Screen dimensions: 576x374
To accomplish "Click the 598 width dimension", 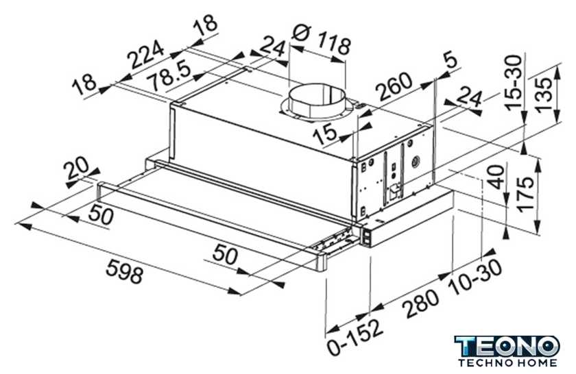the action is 124,271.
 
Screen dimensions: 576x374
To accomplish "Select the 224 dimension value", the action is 145,54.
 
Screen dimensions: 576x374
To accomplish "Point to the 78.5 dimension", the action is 170,77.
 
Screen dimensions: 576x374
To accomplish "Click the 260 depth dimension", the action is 396,86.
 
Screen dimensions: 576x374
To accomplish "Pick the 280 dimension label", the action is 421,303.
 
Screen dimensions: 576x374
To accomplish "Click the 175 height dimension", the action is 525,194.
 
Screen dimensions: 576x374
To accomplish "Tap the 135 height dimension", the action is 543,95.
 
